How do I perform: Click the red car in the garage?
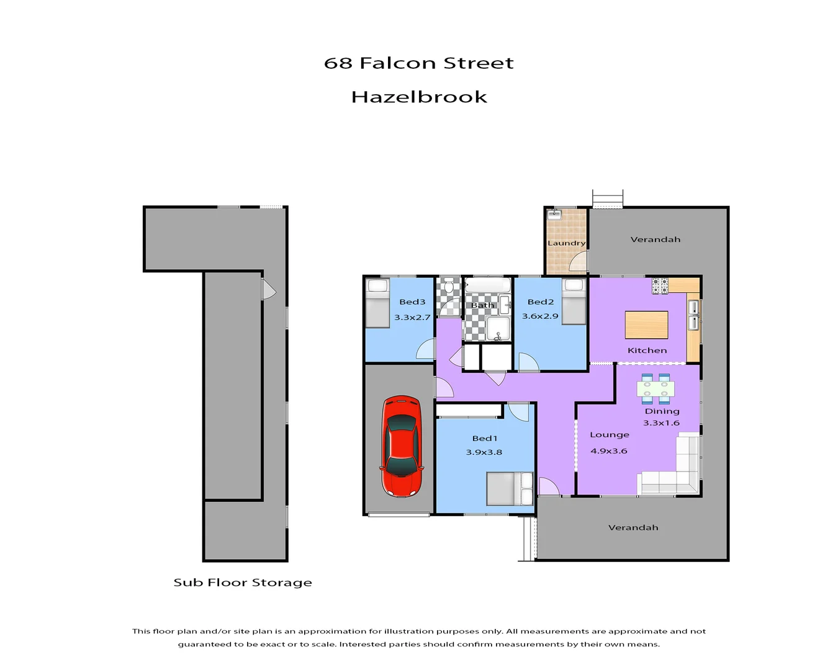402,446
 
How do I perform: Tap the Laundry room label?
566,243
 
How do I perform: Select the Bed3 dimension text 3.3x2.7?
412,318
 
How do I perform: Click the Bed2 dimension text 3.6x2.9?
540,316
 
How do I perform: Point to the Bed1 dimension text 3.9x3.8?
484,452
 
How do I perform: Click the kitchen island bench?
646,325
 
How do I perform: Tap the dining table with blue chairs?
656,389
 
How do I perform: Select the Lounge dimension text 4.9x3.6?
609,451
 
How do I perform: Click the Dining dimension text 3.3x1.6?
661,423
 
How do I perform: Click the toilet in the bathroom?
449,288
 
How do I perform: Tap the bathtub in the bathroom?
487,286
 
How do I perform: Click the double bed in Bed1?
510,488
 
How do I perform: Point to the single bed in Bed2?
574,301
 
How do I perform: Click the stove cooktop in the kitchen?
660,286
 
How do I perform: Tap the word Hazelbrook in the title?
419,97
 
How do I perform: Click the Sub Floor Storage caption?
243,583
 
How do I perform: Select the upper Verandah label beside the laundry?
656,239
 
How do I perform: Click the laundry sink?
554,215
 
